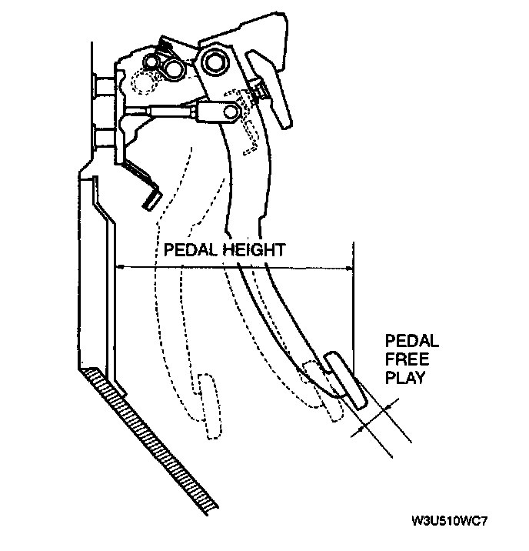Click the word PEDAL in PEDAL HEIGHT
pyautogui.click(x=185, y=249)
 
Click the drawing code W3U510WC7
pyautogui.click(x=450, y=521)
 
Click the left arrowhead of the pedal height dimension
pyautogui.click(x=119, y=267)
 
